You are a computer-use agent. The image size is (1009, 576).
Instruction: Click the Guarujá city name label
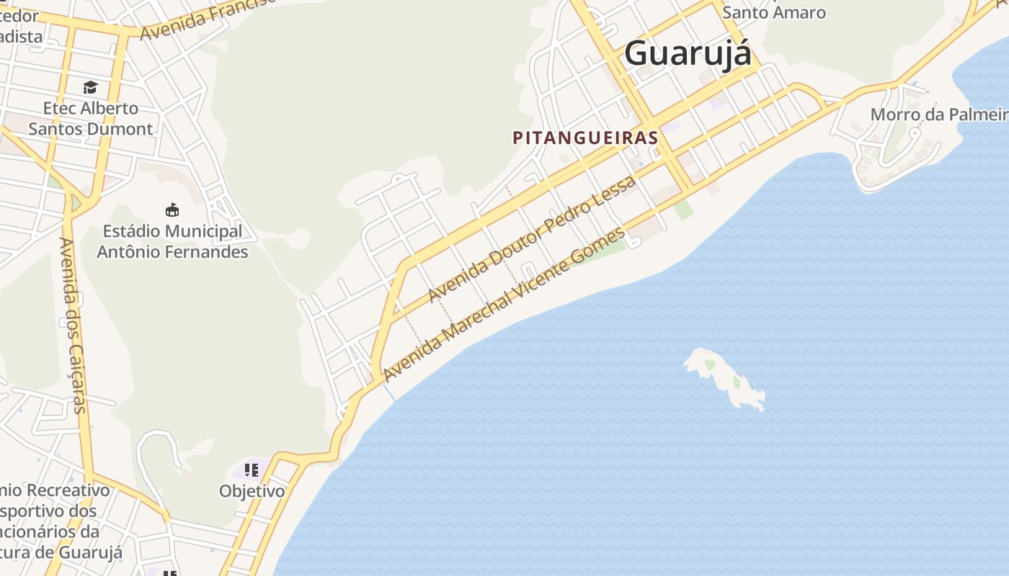(x=688, y=53)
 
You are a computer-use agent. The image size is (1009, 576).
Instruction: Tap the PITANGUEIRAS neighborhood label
(x=585, y=138)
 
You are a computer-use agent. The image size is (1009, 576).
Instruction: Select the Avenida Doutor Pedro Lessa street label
(x=532, y=238)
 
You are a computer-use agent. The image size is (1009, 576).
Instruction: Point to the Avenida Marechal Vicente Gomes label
(x=504, y=305)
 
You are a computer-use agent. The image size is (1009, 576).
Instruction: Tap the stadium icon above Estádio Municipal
(x=172, y=210)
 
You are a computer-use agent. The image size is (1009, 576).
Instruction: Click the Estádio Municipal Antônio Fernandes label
(x=172, y=242)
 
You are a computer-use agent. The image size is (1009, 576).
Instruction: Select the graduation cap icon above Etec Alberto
(x=90, y=88)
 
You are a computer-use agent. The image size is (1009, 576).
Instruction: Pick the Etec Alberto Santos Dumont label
(x=91, y=119)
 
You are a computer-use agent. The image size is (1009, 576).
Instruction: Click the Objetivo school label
(x=252, y=492)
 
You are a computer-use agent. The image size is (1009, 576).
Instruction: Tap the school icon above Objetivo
(x=251, y=471)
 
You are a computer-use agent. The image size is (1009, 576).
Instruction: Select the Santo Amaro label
(x=773, y=12)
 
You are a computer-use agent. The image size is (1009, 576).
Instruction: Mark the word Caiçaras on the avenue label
(x=76, y=377)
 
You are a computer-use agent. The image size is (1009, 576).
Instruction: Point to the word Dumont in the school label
(x=125, y=129)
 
